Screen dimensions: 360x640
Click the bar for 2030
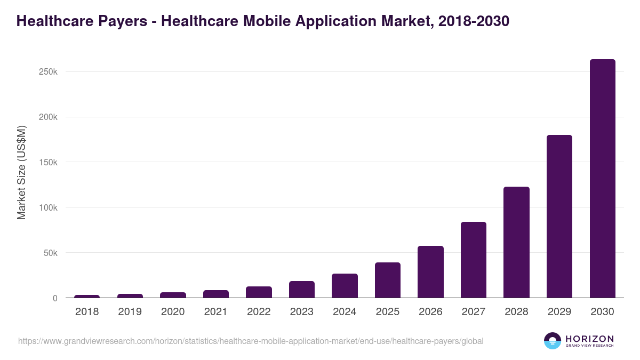602,179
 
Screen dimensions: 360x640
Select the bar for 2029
559,217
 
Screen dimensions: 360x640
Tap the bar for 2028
516,242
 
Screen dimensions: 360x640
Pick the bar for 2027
474,260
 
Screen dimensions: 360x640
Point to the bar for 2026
430,272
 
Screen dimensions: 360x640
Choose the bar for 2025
388,280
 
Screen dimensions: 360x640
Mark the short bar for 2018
87,296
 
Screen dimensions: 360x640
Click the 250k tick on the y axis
48,72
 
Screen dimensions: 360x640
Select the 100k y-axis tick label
48,207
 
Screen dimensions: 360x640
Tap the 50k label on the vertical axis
50,253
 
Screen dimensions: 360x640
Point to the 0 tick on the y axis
55,298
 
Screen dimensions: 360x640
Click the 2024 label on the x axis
345,312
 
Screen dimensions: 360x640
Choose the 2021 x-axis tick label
215,312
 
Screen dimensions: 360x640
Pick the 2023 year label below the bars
301,312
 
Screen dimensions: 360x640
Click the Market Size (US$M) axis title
21,172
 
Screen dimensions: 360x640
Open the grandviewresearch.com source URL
251,341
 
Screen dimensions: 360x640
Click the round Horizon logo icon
553,340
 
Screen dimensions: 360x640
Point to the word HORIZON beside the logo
589,338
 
